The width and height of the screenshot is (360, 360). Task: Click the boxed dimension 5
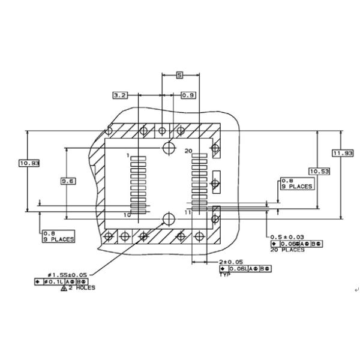pos(179,75)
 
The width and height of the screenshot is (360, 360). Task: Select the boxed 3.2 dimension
pos(120,95)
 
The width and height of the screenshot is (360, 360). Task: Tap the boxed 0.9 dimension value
pos(188,95)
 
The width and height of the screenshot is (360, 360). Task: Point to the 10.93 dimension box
pos(29,163)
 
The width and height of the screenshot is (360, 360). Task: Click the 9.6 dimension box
pos(68,180)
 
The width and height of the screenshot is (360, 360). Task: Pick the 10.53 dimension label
pos(319,172)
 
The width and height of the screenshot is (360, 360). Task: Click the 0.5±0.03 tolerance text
pos(287,237)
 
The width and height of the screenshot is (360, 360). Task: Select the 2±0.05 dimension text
pos(232,262)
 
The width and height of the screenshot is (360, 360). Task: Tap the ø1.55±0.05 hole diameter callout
pos(68,274)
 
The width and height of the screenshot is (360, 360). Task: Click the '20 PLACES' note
pos(287,250)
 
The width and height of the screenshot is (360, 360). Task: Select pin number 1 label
pos(128,155)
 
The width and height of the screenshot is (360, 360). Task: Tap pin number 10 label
pos(127,214)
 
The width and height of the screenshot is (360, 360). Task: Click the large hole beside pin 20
pos(169,148)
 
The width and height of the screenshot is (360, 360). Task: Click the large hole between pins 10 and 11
pos(169,219)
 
